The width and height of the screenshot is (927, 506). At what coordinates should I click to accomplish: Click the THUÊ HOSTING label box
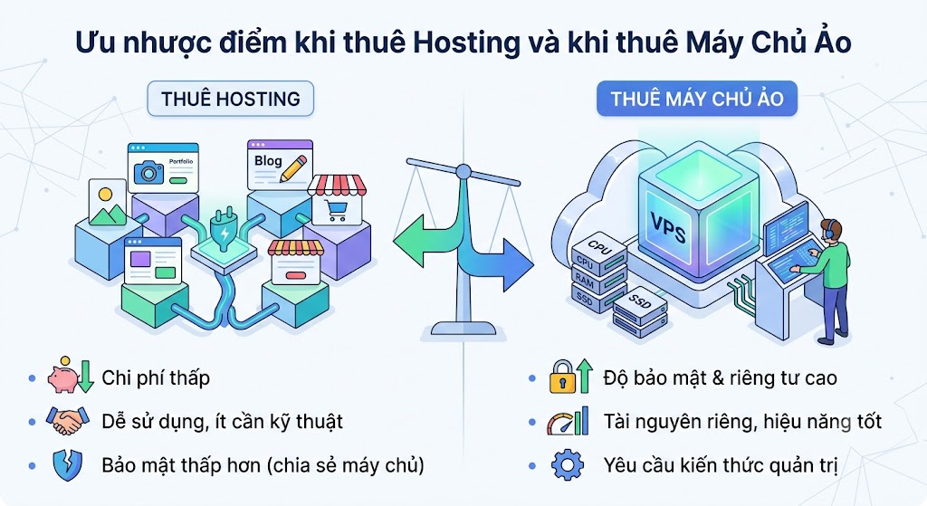(x=231, y=99)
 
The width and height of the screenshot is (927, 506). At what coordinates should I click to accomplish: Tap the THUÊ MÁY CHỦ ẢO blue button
(x=697, y=98)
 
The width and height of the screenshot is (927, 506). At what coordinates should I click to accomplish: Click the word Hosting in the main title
(x=466, y=43)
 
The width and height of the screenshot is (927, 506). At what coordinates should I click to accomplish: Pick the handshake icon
(x=68, y=420)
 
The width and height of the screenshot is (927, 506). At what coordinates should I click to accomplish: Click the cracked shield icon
(x=67, y=465)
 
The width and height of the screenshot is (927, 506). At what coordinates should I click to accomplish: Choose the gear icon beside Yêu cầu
(x=568, y=464)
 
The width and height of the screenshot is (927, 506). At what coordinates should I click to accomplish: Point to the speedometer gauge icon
(x=560, y=424)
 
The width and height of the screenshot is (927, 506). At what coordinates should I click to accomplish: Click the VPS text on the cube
(x=668, y=227)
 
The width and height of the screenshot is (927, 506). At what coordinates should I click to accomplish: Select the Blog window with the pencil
(x=281, y=165)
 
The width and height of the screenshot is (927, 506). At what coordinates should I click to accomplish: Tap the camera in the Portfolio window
(x=148, y=172)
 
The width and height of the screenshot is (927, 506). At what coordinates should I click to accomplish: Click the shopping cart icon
(x=337, y=211)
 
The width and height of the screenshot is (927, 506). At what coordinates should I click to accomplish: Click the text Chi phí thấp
(x=156, y=378)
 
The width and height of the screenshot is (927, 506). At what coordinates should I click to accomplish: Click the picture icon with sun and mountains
(x=108, y=204)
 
